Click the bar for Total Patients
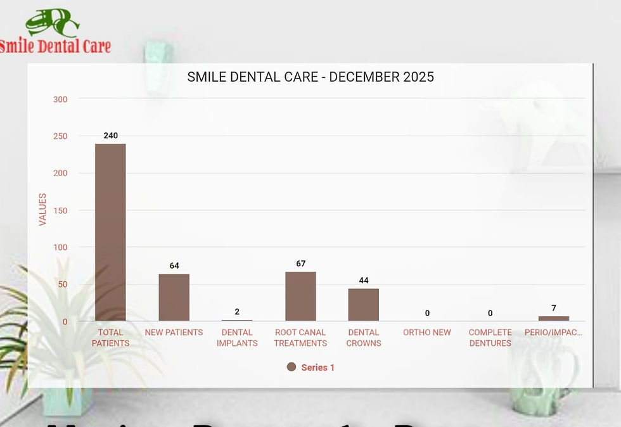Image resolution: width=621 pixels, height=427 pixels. (110, 232)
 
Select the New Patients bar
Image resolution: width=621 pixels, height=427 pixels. (174, 297)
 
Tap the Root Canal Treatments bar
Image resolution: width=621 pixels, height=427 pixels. (300, 296)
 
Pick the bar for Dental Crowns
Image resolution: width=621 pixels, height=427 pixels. (363, 305)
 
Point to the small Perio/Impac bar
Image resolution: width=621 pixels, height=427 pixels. (553, 318)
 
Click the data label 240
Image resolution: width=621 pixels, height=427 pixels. (110, 136)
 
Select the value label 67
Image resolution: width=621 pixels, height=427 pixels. (300, 264)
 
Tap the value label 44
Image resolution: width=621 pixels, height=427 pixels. (363, 281)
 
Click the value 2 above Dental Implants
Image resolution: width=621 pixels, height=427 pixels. (237, 312)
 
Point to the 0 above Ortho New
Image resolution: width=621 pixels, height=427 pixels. (427, 313)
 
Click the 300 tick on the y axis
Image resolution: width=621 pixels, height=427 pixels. (60, 99)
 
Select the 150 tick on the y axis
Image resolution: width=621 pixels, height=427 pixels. (60, 210)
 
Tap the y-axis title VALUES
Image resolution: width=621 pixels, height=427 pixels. (42, 210)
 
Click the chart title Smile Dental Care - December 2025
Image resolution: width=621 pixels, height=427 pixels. (310, 77)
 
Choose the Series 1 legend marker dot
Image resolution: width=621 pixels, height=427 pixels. (291, 367)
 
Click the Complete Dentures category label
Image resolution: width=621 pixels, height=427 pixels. (490, 338)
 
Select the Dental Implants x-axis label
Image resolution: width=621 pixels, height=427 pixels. (237, 338)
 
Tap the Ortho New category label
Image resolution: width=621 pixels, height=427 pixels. (427, 333)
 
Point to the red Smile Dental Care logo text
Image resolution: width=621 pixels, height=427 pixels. (55, 46)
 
